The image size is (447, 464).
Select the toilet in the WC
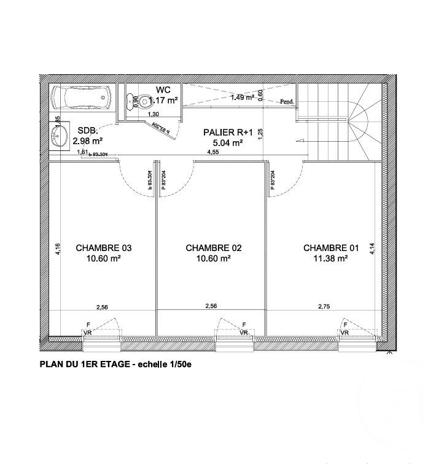pos(142,101)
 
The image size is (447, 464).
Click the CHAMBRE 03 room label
pos(104,248)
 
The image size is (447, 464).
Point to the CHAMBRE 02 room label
pos(214,248)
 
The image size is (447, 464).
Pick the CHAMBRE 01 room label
pos(332,248)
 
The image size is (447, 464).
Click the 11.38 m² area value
pos(332,258)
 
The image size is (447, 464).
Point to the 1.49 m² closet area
pos(242,97)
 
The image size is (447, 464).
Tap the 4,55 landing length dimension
pos(213,152)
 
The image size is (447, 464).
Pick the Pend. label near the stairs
pos(287,102)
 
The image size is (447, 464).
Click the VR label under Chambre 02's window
pos(244,333)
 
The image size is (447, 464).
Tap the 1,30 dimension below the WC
pos(154,115)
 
